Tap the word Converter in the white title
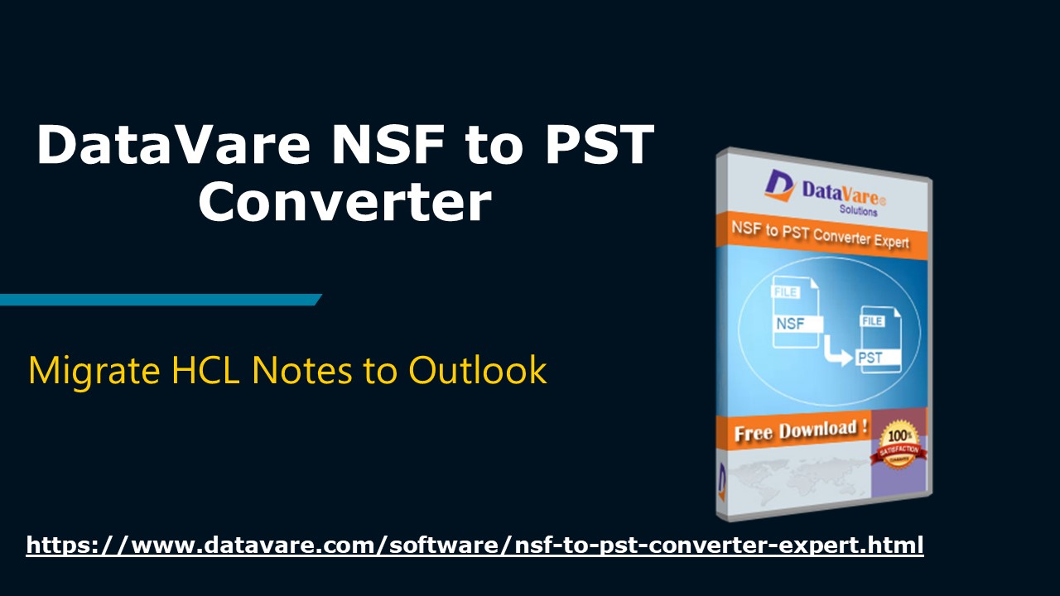click(344, 203)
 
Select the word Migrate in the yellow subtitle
click(93, 370)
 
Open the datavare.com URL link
click(475, 546)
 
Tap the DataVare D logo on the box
click(779, 185)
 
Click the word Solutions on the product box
click(858, 210)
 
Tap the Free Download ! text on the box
click(800, 431)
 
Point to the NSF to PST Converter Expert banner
click(820, 235)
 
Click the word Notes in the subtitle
click(303, 370)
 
